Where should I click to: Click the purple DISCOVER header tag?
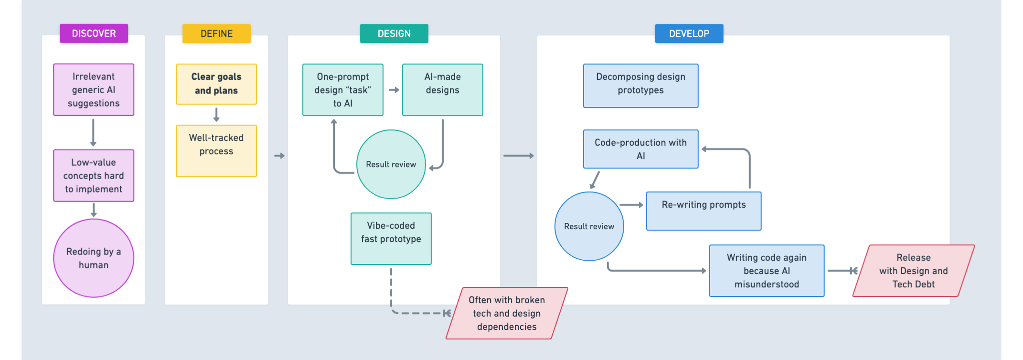[x=94, y=33]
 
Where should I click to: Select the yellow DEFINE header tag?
[x=216, y=33]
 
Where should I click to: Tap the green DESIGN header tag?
[x=394, y=33]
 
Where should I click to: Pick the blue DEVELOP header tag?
[x=689, y=33]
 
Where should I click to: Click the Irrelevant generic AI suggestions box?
[x=94, y=90]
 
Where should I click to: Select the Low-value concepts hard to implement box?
[x=94, y=176]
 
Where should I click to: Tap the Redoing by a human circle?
[x=94, y=258]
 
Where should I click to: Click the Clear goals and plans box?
[x=216, y=84]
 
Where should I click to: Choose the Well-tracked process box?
[x=216, y=151]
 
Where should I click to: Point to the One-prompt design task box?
[x=343, y=90]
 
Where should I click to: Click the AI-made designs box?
[x=442, y=90]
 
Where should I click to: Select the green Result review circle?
[x=391, y=164]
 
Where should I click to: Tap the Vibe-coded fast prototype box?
[x=391, y=238]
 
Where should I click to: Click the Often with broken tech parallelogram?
[x=507, y=313]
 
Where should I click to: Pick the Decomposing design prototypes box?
[x=640, y=86]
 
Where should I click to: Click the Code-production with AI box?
[x=640, y=149]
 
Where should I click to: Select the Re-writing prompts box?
[x=703, y=211]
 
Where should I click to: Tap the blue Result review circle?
[x=589, y=226]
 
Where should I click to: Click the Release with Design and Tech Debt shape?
[x=913, y=271]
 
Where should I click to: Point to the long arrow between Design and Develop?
[x=518, y=156]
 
